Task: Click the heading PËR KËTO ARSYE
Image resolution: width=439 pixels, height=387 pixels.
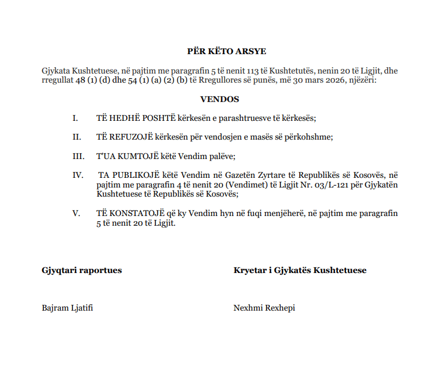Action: (219, 51)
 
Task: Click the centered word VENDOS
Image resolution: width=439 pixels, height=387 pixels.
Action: (219, 99)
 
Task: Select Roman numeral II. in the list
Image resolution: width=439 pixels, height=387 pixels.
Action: (76, 137)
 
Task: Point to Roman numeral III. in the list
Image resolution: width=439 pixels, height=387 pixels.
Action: (78, 156)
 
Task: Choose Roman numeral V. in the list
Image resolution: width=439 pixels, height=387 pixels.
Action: (76, 213)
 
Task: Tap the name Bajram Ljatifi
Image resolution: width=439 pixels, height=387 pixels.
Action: (67, 308)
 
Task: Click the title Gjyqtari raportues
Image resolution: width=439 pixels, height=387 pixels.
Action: (82, 270)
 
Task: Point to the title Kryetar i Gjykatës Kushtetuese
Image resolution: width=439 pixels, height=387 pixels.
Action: (300, 270)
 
